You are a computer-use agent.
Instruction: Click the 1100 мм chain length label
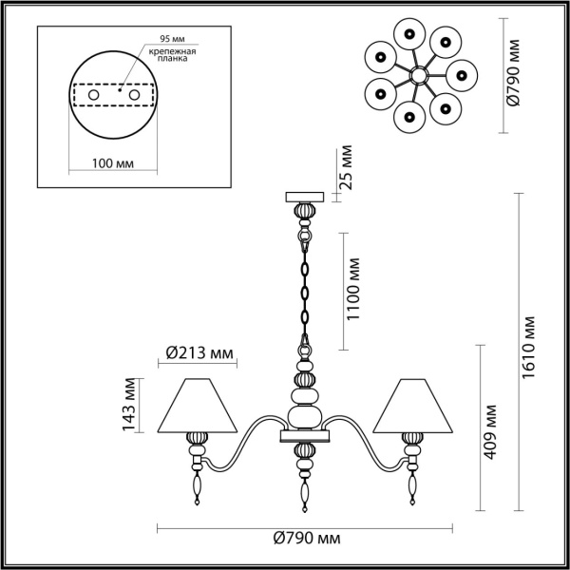point(352,290)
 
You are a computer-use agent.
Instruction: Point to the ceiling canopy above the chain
point(305,197)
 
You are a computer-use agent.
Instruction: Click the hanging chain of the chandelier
point(305,285)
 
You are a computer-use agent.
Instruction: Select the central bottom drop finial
point(305,493)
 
